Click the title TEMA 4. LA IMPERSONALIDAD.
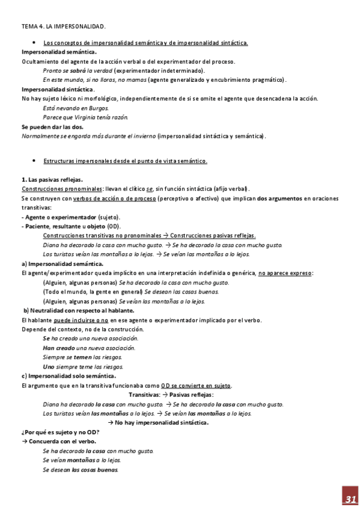pyautogui.click(x=64, y=27)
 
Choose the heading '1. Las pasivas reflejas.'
pyautogui.click(x=52, y=179)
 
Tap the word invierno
pyautogui.click(x=142, y=136)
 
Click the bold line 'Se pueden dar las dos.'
pyautogui.click(x=52, y=127)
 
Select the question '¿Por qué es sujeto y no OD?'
pyautogui.click(x=60, y=432)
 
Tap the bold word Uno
pyautogui.click(x=49, y=366)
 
